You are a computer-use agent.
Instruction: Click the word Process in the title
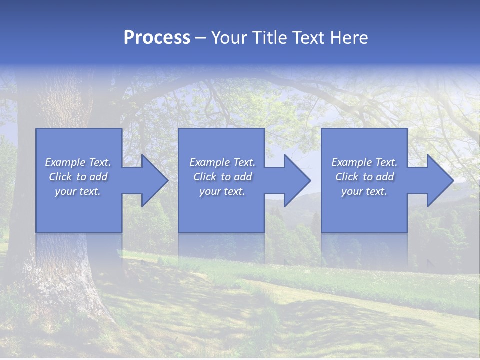coord(157,38)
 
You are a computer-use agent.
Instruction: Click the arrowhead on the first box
coord(152,180)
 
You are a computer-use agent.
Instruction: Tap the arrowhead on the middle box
coord(295,180)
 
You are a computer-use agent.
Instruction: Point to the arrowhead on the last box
coord(437,180)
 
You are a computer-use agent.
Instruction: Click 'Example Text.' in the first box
coord(78,162)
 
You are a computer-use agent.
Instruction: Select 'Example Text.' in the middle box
coord(222,162)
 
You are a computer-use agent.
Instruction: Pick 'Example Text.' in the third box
coord(364,162)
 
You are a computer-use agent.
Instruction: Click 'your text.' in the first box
coord(78,191)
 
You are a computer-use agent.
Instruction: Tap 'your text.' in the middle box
coord(222,191)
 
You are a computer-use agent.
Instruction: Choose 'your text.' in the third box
coord(364,191)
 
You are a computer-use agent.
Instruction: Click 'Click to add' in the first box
coord(78,177)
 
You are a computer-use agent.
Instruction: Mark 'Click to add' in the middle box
coord(222,177)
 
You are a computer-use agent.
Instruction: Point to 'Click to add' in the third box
coord(364,177)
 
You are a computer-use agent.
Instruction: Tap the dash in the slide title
coord(201,38)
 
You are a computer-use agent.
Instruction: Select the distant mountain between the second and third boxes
coord(300,197)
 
